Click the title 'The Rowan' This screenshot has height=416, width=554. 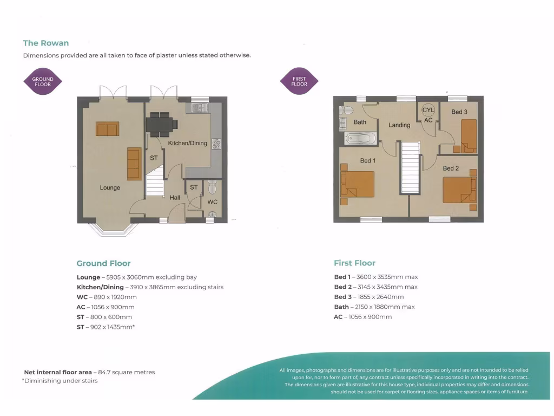pos(46,43)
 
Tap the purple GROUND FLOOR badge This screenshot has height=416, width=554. pos(43,82)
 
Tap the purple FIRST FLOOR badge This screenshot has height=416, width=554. pos(299,82)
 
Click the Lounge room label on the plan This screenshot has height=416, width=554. pos(110,187)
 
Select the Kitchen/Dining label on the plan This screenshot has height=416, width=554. pos(187,143)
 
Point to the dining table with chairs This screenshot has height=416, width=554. pos(161,124)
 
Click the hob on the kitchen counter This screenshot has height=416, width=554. pos(216,144)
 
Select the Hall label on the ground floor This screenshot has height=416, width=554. pos(175,198)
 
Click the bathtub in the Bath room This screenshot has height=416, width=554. pos(360,139)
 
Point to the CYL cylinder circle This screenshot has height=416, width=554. pos(428,110)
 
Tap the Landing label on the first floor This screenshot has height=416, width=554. pos(399,125)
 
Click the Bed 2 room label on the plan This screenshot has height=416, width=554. pos(451,168)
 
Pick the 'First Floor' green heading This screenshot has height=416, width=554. pos(354,263)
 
